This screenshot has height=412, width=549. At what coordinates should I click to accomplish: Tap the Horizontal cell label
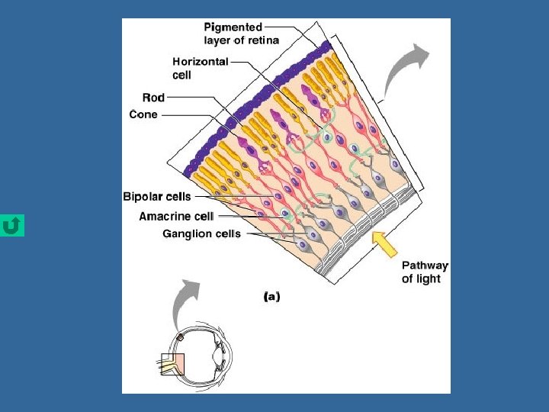(x=200, y=68)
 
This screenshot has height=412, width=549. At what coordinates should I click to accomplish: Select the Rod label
(x=153, y=98)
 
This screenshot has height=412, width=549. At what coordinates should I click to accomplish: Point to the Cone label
(x=143, y=114)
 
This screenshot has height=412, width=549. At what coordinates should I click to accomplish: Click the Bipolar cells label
(x=157, y=197)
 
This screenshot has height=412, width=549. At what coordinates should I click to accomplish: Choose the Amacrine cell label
(x=176, y=216)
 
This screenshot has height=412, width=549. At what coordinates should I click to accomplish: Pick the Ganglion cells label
(x=201, y=234)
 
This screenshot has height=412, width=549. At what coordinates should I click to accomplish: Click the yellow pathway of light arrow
(x=386, y=243)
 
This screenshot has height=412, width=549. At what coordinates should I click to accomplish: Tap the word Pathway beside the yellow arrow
(x=425, y=266)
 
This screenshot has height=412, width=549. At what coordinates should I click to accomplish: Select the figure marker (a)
(x=271, y=296)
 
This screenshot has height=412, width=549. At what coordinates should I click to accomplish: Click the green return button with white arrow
(x=12, y=226)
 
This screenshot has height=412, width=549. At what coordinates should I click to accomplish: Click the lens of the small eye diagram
(x=219, y=356)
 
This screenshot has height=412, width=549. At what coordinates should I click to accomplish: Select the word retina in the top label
(x=263, y=40)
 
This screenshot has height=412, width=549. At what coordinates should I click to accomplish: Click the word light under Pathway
(x=421, y=278)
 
